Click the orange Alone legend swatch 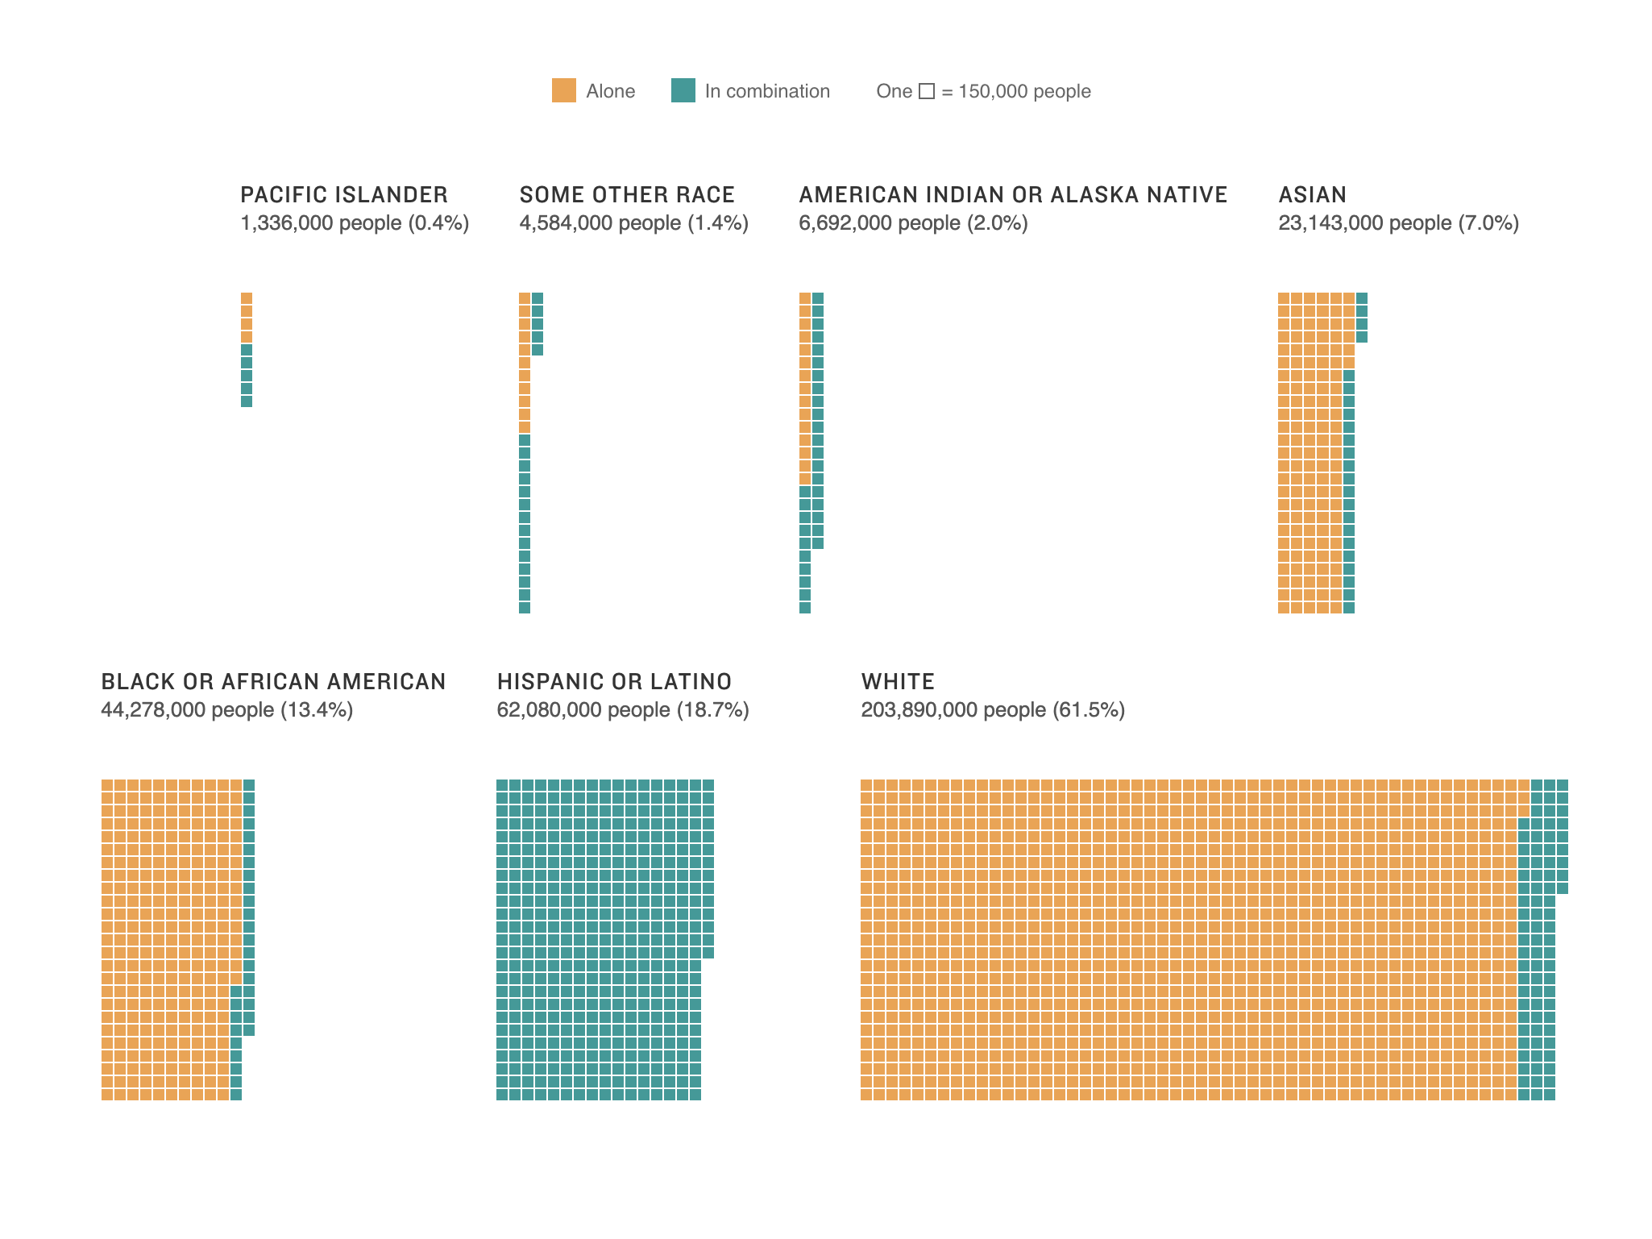click(x=563, y=90)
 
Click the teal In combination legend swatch click(x=683, y=90)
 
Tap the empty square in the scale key click(x=927, y=91)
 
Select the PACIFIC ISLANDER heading click(x=344, y=195)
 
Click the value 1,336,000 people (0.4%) click(x=355, y=223)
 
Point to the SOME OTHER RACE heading click(x=627, y=195)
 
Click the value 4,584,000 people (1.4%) click(x=634, y=223)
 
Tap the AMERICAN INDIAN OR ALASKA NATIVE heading click(x=1013, y=195)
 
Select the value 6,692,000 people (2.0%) click(x=913, y=223)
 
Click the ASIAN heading click(x=1312, y=195)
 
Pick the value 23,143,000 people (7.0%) click(x=1398, y=223)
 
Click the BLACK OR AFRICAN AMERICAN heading click(x=273, y=682)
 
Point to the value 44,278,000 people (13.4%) click(x=226, y=710)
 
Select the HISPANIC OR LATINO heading click(x=614, y=682)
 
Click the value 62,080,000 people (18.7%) click(x=623, y=710)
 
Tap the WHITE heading click(x=898, y=682)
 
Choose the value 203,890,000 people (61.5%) click(x=993, y=710)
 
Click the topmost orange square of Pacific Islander click(x=247, y=298)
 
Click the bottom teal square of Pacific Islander click(x=247, y=401)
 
